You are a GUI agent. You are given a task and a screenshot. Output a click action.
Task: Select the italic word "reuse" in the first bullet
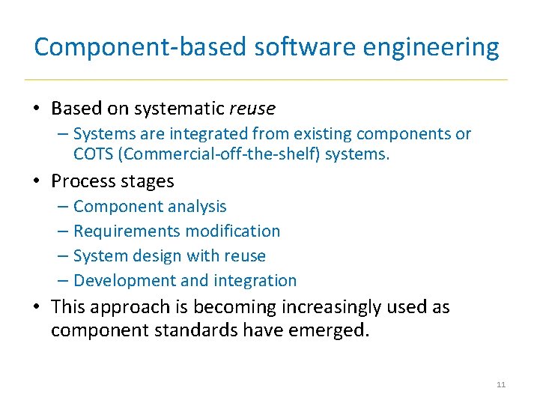tap(252, 109)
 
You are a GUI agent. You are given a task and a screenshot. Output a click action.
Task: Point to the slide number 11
tap(501, 385)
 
